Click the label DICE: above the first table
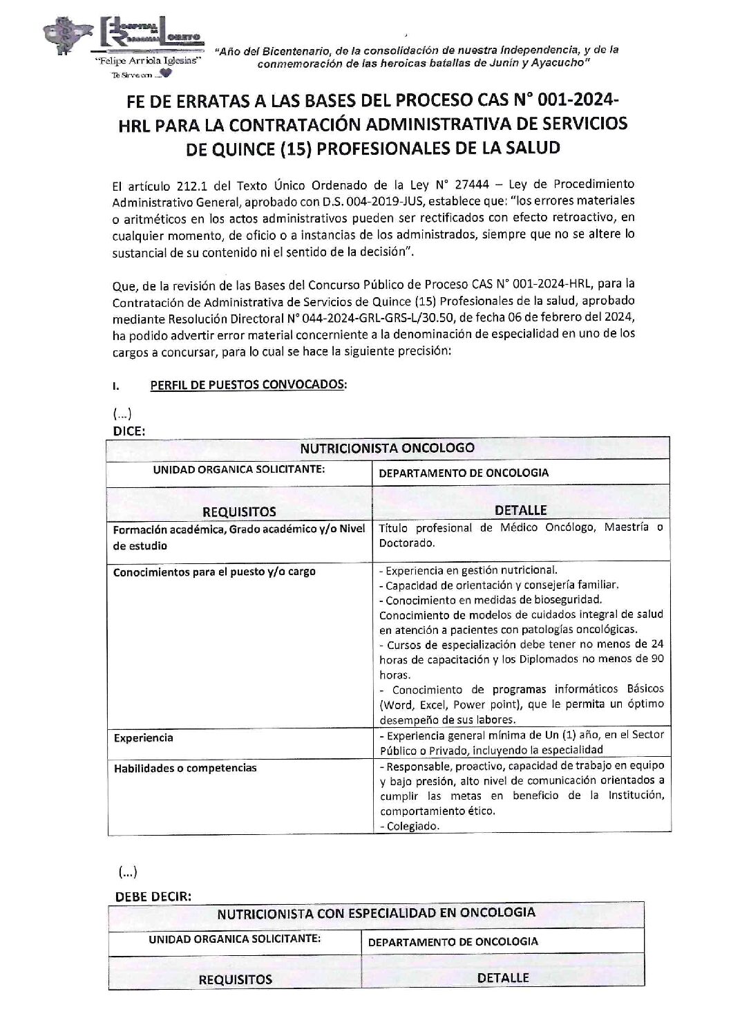pyautogui.click(x=129, y=431)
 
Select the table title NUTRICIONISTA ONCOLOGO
pyautogui.click(x=387, y=447)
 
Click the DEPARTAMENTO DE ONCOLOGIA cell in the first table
pyautogui.click(x=464, y=473)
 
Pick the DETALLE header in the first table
pyautogui.click(x=521, y=511)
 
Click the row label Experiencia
pyautogui.click(x=144, y=738)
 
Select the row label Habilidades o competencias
pyautogui.click(x=185, y=768)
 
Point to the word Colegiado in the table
pyautogui.click(x=412, y=826)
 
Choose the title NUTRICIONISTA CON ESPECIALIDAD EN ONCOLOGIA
pyautogui.click(x=376, y=912)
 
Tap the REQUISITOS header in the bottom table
pyautogui.click(x=236, y=979)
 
